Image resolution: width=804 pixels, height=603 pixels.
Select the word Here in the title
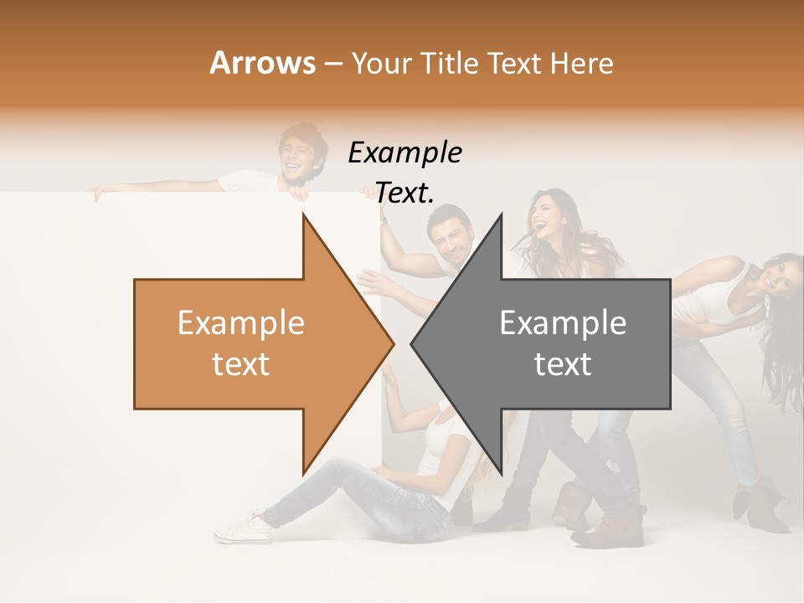582,64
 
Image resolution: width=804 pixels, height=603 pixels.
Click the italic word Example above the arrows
405,153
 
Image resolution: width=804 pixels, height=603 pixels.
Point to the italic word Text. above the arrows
405,193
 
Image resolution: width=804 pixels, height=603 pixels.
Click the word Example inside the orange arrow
241,323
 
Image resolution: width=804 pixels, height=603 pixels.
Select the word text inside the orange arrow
241,364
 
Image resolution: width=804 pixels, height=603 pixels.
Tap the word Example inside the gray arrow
563,323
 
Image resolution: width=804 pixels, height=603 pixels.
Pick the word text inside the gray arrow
563,364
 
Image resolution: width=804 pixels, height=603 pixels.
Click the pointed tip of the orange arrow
392,343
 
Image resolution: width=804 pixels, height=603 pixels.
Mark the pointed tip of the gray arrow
413,343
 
